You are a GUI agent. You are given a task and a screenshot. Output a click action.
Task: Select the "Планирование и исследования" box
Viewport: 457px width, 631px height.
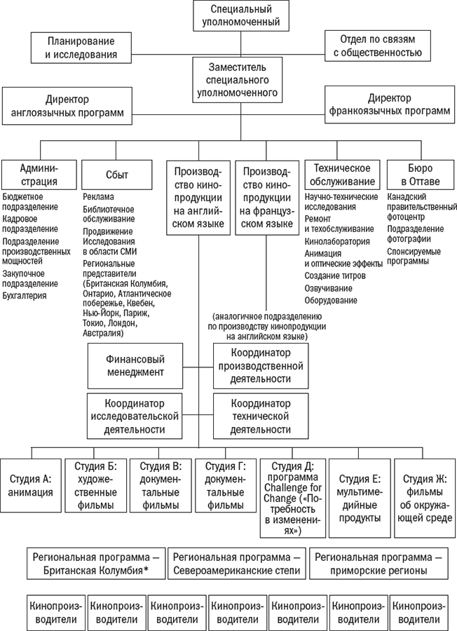coord(81,47)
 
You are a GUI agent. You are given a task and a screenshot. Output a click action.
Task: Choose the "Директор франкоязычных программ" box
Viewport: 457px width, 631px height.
coord(389,104)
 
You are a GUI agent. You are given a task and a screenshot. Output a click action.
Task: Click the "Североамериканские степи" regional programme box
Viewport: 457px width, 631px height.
coord(237,564)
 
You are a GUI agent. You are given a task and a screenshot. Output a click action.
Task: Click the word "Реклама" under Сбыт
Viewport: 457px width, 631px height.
coord(98,197)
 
